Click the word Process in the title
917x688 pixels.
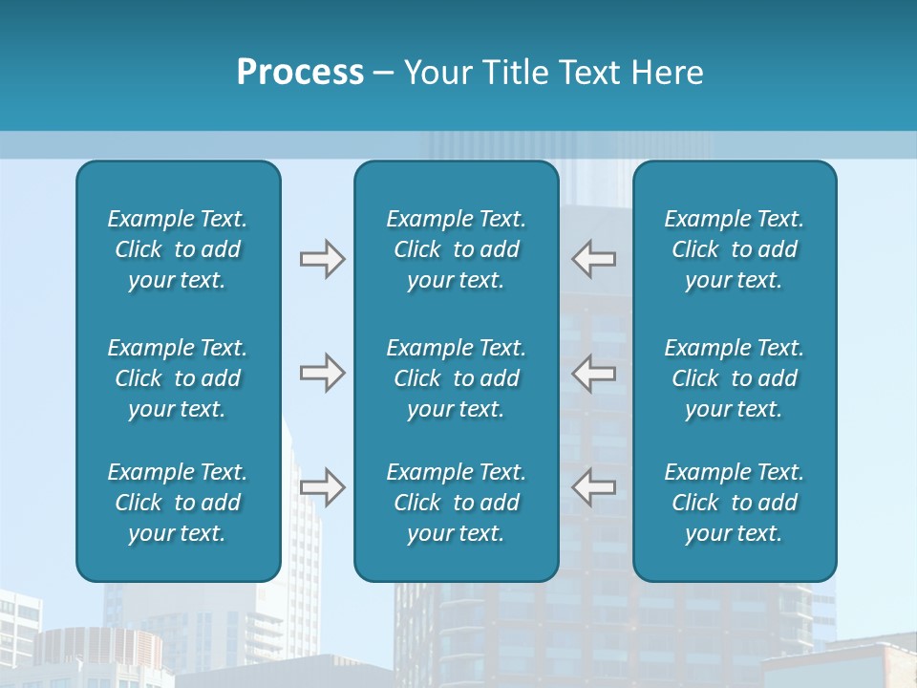[x=300, y=73]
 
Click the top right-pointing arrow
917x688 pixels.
[x=323, y=259]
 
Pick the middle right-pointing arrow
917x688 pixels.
[x=323, y=373]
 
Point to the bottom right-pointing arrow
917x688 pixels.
[x=323, y=487]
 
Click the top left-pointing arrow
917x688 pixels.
[x=594, y=259]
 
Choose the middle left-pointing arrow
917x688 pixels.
[x=594, y=373]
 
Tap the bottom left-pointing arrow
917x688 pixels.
[x=594, y=487]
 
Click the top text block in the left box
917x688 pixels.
[x=178, y=249]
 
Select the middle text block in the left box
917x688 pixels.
[x=178, y=378]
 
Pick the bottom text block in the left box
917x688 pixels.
[x=178, y=503]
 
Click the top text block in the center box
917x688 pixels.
[x=457, y=249]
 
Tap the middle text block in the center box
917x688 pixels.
[x=457, y=378]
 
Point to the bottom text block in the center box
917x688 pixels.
[x=457, y=503]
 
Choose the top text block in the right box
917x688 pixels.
[x=735, y=249]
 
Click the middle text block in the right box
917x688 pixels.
[x=735, y=378]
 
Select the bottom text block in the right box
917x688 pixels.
[x=735, y=503]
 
